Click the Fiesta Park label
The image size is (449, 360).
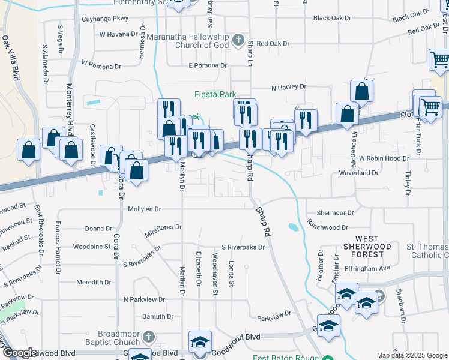[214, 94]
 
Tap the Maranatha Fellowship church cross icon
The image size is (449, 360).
[238, 41]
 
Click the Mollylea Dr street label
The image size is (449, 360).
[145, 209]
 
